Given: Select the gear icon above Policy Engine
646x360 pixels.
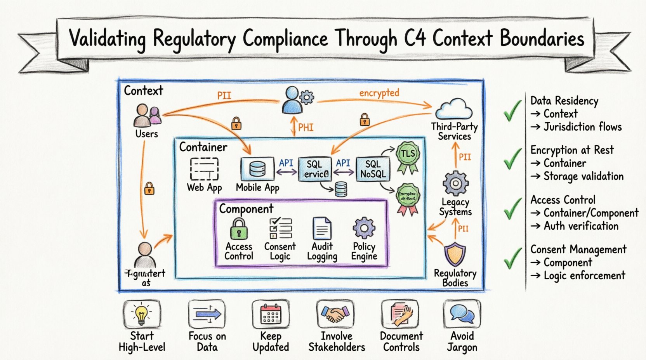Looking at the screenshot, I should (364, 228).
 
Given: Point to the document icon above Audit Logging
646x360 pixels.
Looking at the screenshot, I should (322, 228).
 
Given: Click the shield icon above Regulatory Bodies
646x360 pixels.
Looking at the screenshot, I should (455, 254).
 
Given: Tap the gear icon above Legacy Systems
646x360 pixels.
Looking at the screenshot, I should (455, 183).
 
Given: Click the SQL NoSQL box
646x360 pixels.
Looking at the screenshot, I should (373, 169).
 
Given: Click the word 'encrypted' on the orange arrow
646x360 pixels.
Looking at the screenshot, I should (379, 93).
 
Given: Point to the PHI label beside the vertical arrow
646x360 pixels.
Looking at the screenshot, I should (306, 128).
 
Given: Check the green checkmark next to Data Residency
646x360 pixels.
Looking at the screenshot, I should (512, 111).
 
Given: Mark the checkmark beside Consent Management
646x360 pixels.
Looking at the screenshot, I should (512, 259).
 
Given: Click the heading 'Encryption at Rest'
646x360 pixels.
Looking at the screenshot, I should (572, 150).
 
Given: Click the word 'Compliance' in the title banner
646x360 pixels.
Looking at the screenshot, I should (285, 39).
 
